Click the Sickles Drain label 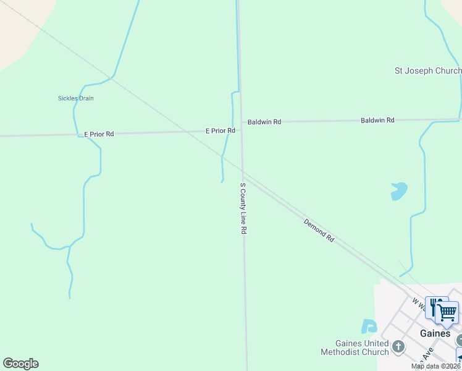tap(75, 98)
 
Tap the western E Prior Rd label tap(99, 134)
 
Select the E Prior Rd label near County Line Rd tap(220, 131)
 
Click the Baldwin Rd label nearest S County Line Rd tap(264, 122)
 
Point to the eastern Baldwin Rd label tap(377, 120)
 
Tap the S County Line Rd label tap(243, 208)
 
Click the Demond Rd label tap(319, 230)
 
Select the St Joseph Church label tap(428, 71)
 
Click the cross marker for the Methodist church tap(398, 346)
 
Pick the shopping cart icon tap(448, 312)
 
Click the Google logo tap(20, 364)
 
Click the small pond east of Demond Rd tap(399, 191)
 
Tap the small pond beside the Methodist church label tap(369, 326)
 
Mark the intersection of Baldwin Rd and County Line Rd tap(241, 122)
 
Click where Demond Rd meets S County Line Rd tap(243, 174)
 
